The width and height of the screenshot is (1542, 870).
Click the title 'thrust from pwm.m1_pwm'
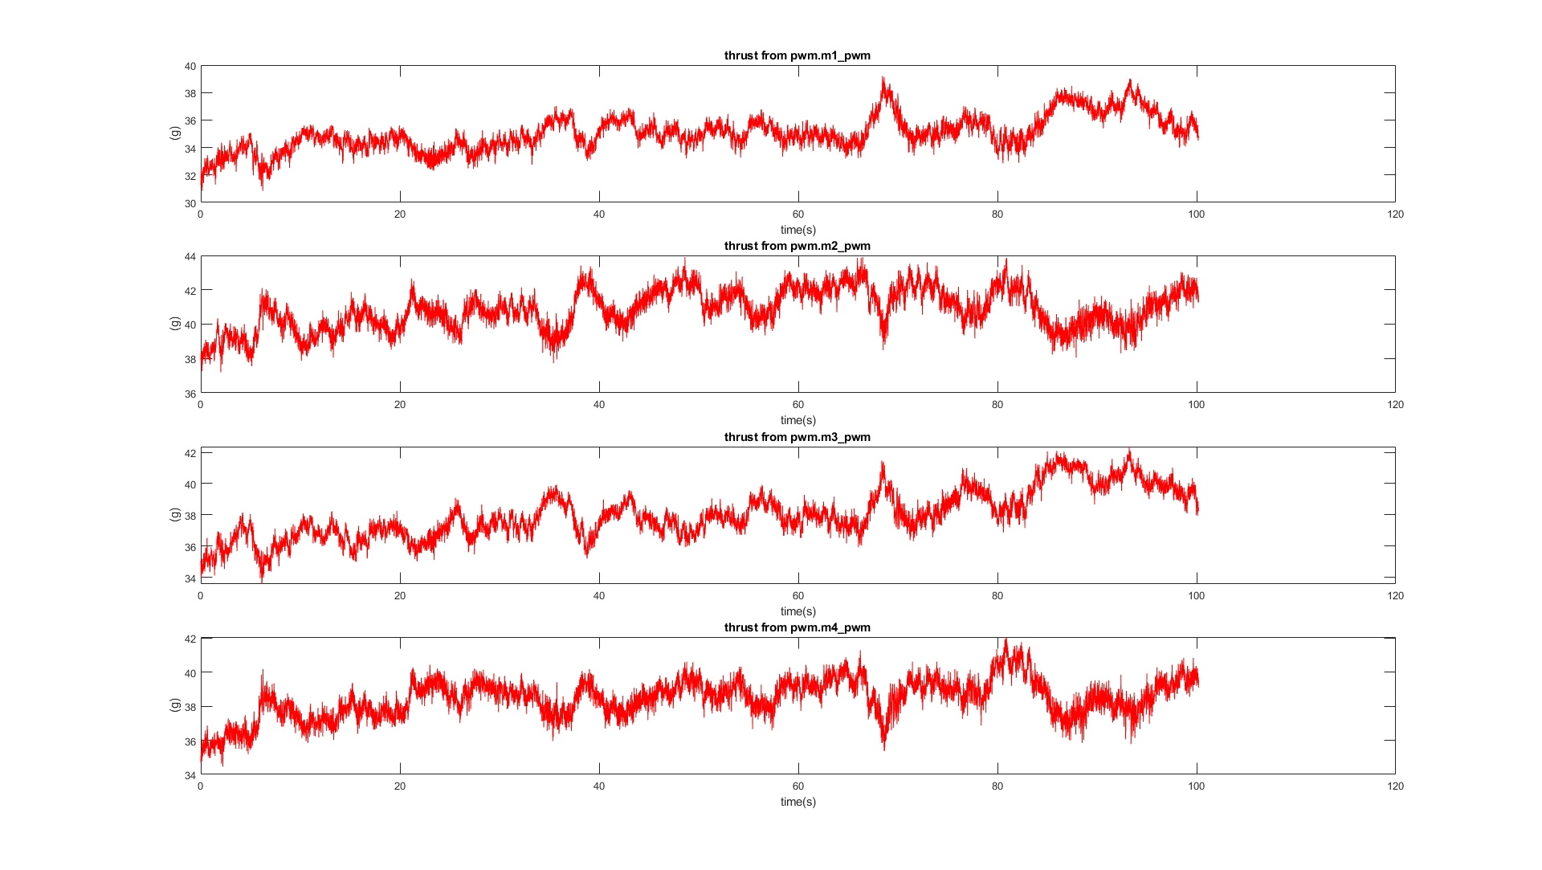click(x=797, y=55)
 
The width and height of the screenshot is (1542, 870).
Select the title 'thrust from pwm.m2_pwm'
click(x=797, y=246)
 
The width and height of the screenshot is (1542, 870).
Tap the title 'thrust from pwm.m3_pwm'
click(x=797, y=437)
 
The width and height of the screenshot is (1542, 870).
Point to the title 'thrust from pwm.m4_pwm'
click(x=797, y=627)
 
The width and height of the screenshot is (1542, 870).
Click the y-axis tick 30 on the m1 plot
click(x=190, y=203)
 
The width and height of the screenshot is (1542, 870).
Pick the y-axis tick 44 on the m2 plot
click(x=190, y=257)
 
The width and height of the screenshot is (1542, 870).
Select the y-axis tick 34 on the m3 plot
click(x=190, y=578)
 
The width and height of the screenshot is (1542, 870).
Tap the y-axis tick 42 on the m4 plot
click(x=190, y=639)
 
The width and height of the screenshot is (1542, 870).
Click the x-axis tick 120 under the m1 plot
click(x=1395, y=214)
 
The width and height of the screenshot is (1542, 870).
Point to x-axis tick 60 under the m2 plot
click(x=798, y=405)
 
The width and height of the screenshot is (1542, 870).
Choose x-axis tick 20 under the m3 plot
click(x=400, y=596)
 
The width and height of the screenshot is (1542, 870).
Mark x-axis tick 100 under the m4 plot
click(x=1196, y=786)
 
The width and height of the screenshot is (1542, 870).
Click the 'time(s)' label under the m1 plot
click(x=798, y=230)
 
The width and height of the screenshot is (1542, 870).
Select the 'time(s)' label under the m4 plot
click(x=798, y=802)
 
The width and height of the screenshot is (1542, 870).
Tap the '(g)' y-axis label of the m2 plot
click(x=174, y=324)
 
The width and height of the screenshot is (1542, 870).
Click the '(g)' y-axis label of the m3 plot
click(x=174, y=514)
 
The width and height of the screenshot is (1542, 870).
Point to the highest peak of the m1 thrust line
click(x=883, y=78)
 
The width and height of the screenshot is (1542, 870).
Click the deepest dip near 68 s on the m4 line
click(x=884, y=749)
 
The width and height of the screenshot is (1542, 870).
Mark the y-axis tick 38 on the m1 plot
click(x=190, y=93)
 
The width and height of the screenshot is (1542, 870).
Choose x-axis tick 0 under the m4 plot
click(x=201, y=786)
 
